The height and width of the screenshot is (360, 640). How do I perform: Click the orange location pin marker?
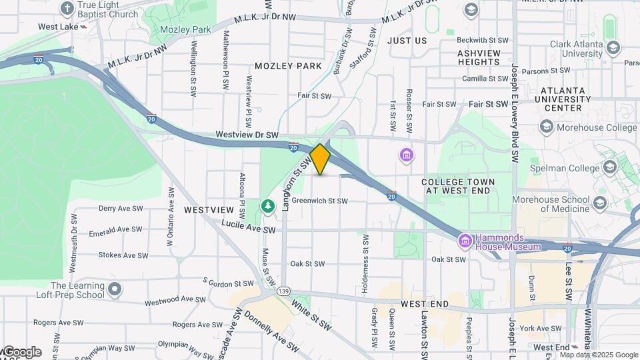[320, 159]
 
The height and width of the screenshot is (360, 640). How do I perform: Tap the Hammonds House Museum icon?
[466, 239]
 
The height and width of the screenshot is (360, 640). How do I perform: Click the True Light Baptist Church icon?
[67, 9]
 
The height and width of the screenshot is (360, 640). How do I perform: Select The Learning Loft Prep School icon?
[115, 289]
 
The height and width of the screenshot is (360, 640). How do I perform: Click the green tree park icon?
[268, 206]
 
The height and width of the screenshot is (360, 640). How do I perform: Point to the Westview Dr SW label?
[246, 135]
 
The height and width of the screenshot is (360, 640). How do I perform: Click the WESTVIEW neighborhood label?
[209, 209]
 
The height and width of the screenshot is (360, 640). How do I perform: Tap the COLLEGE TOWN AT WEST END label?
[458, 186]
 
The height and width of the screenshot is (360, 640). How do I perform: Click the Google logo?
[21, 351]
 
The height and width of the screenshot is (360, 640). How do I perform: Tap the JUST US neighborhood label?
[407, 41]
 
